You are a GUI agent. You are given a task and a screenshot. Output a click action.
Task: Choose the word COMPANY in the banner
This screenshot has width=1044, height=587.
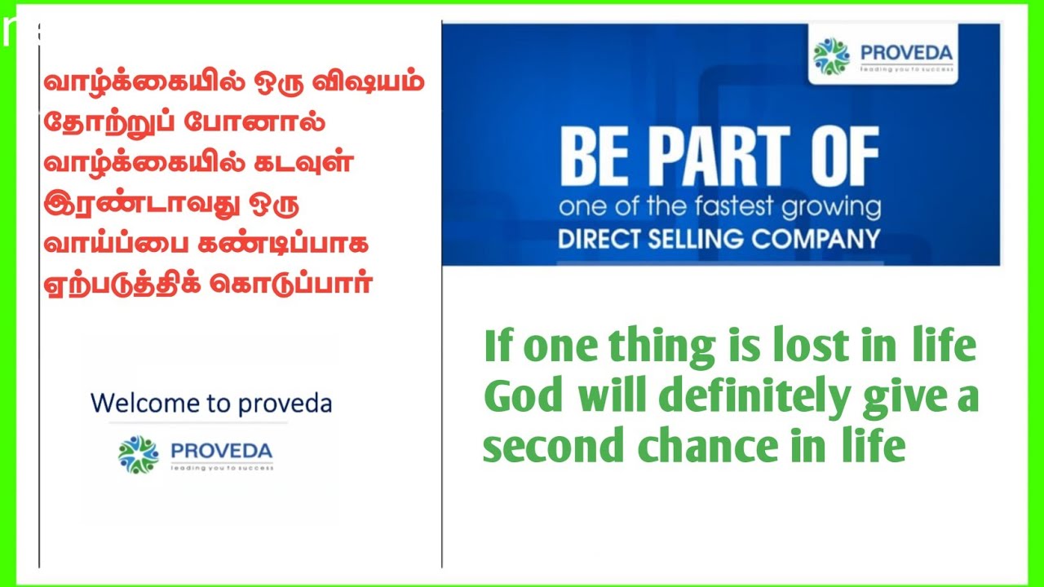[818, 239]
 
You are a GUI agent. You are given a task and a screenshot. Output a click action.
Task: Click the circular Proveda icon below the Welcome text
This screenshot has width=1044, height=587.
[139, 454]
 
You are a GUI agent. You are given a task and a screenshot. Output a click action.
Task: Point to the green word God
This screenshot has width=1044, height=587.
[524, 397]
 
